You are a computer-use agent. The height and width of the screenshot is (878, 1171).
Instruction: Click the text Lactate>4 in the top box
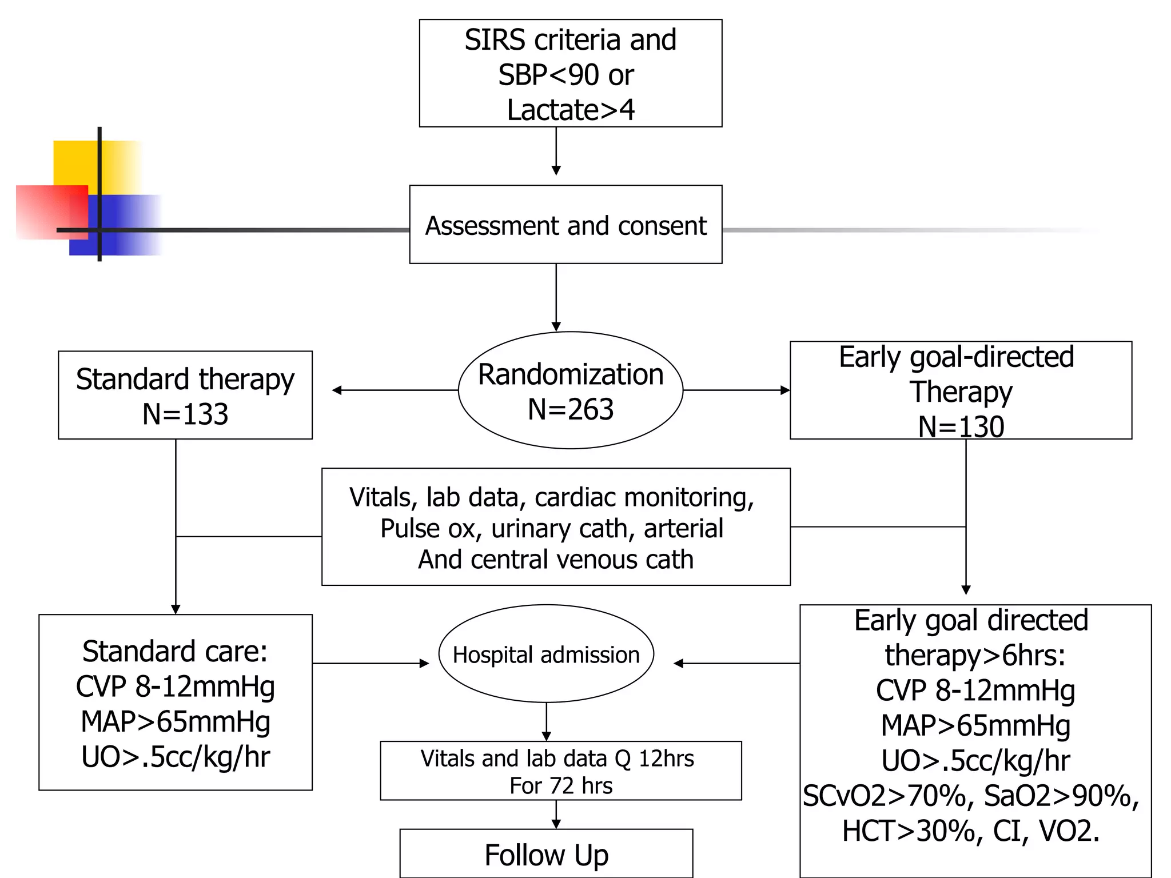[x=570, y=110]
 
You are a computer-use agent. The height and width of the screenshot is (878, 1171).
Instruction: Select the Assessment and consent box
[x=565, y=225]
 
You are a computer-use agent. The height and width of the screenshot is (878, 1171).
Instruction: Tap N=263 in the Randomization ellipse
[x=570, y=409]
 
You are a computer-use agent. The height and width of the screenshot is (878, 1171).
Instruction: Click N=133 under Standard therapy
[x=185, y=414]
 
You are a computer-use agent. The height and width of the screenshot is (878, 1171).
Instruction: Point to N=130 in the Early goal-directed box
[x=961, y=426]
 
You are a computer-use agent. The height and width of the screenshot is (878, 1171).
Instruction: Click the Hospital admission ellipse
[x=546, y=654]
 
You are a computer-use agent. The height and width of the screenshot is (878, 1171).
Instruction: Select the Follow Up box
[x=546, y=855]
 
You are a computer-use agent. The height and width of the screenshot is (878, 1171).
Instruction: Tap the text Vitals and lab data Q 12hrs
[x=557, y=759]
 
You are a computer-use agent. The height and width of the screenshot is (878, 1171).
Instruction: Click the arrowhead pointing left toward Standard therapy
[x=337, y=390]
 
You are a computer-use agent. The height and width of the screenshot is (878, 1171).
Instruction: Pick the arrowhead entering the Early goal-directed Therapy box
[x=785, y=390]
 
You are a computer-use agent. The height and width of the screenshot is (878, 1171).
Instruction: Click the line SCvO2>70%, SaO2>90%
[x=970, y=796]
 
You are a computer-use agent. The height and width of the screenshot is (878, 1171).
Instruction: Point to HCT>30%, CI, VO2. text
[x=970, y=831]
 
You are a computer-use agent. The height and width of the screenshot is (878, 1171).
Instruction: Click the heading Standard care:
[x=175, y=651]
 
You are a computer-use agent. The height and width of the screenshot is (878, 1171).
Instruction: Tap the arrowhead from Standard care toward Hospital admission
[x=424, y=664]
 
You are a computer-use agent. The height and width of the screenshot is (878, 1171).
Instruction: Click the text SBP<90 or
[x=565, y=75]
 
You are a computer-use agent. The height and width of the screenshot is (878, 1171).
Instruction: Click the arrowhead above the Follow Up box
[x=556, y=824]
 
